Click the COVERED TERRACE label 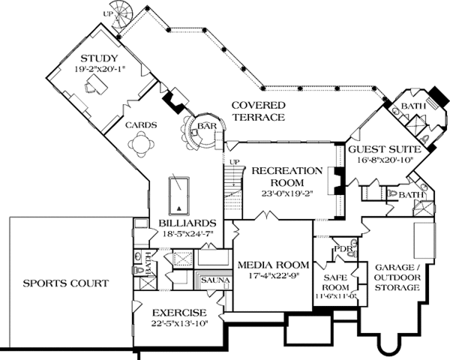pyautogui.click(x=256, y=111)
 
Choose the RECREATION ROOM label pyautogui.click(x=287, y=175)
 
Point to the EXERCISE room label pyautogui.click(x=178, y=313)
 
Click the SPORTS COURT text pyautogui.click(x=65, y=283)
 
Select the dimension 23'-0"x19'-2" pyautogui.click(x=287, y=192)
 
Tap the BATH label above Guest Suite pyautogui.click(x=411, y=107)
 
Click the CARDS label pyautogui.click(x=140, y=125)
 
